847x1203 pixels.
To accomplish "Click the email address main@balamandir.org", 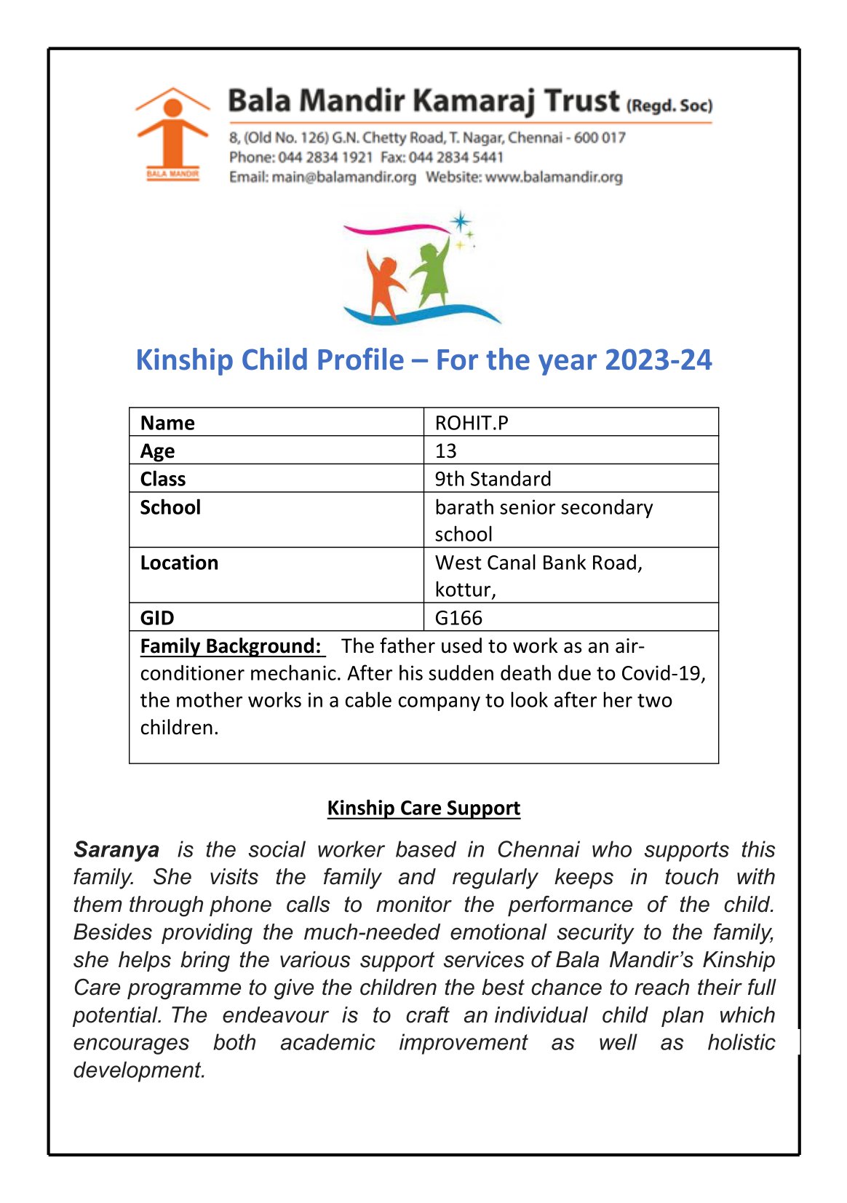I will tap(343, 177).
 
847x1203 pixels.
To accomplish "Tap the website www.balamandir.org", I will tap(554, 177).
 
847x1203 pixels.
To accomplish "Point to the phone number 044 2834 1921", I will tap(325, 157).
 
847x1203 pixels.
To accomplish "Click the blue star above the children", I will tap(460, 221).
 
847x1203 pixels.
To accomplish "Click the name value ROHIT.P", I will tap(472, 423).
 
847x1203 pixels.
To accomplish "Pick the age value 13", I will tap(445, 451).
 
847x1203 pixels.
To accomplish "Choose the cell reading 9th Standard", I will tap(493, 479).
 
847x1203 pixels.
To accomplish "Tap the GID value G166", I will tap(458, 618).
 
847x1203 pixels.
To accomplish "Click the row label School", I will tap(170, 507).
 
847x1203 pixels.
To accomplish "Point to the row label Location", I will tap(179, 563).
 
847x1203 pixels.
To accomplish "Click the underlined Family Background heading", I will tap(230, 646).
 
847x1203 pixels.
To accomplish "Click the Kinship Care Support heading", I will tap(423, 808).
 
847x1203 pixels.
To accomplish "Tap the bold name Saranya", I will tap(116, 849).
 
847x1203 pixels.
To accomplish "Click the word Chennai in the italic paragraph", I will tap(538, 849).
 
